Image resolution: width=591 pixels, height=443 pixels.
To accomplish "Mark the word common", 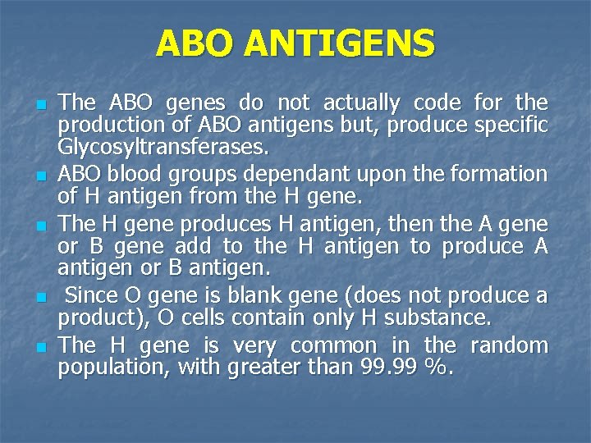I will pyautogui.click(x=328, y=345).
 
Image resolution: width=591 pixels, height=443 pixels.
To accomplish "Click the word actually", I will pyautogui.click(x=362, y=103).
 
